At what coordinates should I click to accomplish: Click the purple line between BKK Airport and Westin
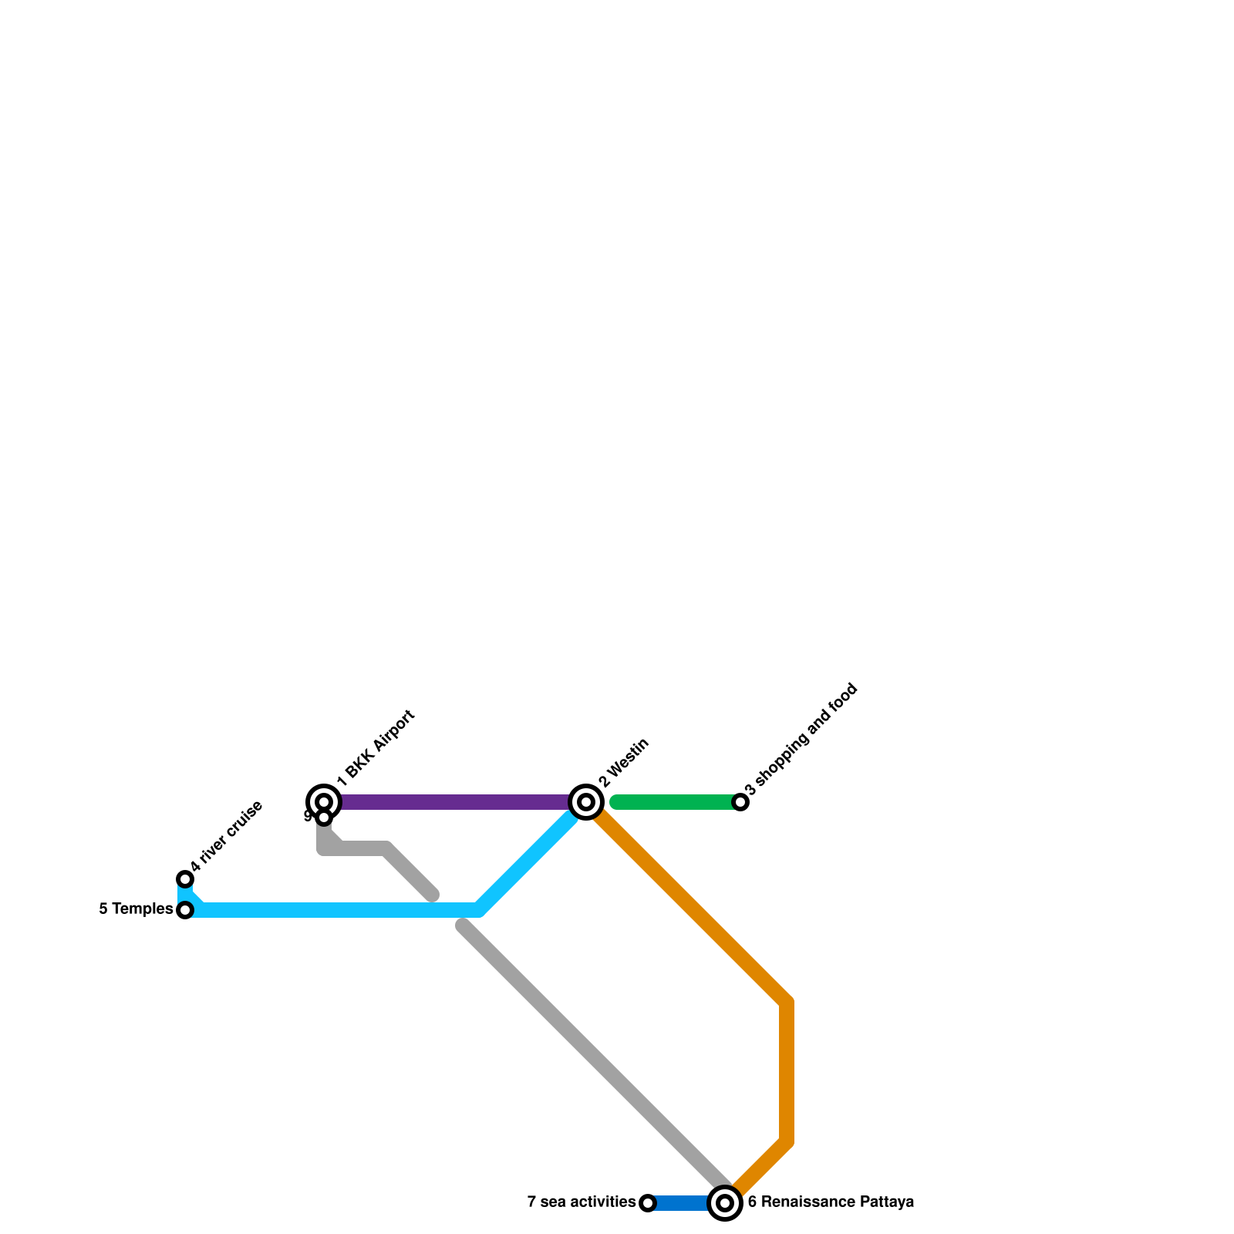tap(455, 802)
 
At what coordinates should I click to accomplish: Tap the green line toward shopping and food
tap(675, 802)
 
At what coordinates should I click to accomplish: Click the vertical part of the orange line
tap(787, 1072)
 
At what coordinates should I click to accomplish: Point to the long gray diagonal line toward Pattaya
tap(594, 1057)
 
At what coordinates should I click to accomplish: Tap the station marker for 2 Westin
tap(586, 802)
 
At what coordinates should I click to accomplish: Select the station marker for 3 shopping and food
tap(740, 802)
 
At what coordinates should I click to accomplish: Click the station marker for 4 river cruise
tap(185, 879)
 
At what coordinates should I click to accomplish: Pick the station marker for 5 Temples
tap(185, 910)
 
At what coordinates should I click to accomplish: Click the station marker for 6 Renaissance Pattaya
tap(725, 1203)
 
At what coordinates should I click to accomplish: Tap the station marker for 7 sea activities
tap(648, 1203)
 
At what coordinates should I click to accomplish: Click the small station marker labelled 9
tap(325, 818)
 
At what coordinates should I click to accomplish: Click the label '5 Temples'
tap(136, 909)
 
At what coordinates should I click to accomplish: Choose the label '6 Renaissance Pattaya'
tap(831, 1202)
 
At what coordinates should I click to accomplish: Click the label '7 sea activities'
tap(581, 1202)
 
